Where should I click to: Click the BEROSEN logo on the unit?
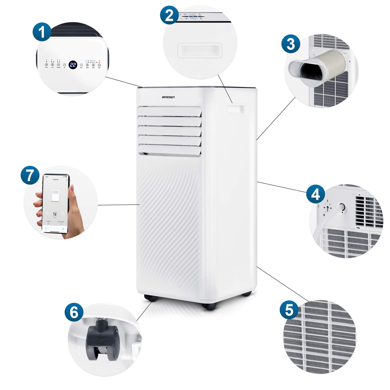coord(168,97)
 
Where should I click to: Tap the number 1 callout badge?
coord(42,32)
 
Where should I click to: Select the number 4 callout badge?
coord(315,194)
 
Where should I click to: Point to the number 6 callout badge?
coord(74,312)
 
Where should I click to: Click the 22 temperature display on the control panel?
coord(73,65)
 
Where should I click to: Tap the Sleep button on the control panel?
coord(47,65)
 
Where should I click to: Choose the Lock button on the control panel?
coord(52,65)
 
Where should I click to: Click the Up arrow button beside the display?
coord(64,65)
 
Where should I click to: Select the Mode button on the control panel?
coord(93,65)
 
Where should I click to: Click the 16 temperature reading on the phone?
coord(55,214)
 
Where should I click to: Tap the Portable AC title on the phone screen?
coord(56,180)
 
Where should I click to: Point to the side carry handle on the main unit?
coord(236,109)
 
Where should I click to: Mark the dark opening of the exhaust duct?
coord(312,70)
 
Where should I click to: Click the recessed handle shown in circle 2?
coord(200,50)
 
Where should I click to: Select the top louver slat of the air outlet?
coord(170,112)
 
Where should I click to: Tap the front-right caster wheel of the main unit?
coord(209,306)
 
